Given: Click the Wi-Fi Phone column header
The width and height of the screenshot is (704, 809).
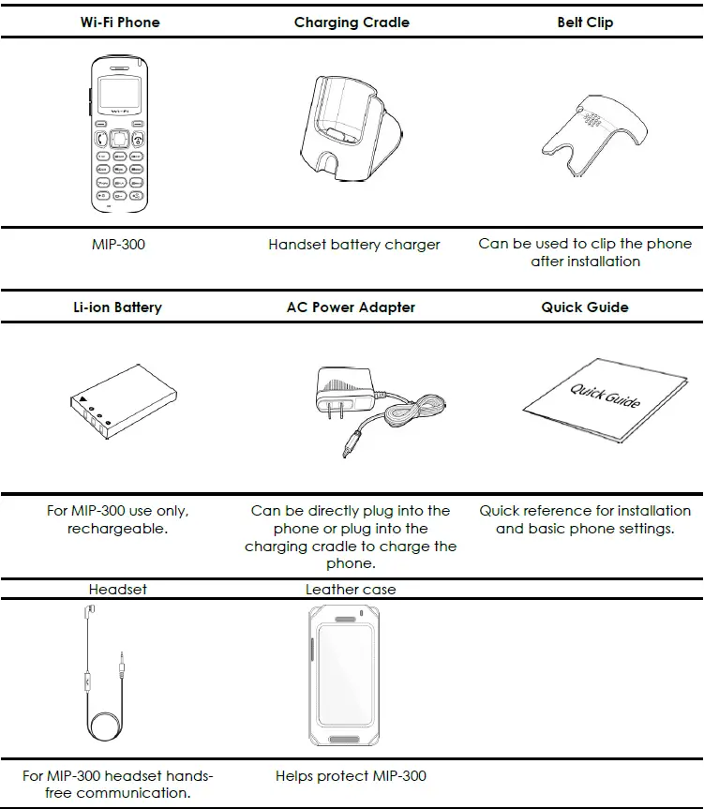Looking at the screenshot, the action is click(x=120, y=22).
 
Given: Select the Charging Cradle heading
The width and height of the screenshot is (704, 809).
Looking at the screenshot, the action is click(x=352, y=22).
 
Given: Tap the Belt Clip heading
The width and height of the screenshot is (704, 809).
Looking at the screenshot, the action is click(x=585, y=22).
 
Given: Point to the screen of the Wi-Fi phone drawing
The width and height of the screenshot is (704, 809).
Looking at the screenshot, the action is click(x=119, y=94).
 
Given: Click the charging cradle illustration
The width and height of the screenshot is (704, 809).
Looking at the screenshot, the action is click(x=351, y=129).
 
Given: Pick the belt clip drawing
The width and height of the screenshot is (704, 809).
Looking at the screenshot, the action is click(x=593, y=135).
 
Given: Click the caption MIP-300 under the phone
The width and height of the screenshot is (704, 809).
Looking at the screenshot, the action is click(x=119, y=244).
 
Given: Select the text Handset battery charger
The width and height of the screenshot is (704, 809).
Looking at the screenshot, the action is click(x=354, y=245).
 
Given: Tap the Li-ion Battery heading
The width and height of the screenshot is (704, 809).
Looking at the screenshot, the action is click(x=117, y=307).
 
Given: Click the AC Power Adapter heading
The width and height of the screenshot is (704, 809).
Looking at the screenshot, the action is click(x=351, y=307).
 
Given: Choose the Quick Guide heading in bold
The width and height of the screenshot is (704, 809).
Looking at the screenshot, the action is click(x=585, y=307).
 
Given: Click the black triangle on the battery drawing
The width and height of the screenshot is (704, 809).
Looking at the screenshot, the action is click(x=83, y=398).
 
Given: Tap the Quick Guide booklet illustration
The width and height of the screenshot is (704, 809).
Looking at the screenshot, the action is click(x=606, y=400).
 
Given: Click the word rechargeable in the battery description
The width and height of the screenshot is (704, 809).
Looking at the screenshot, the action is click(x=117, y=529).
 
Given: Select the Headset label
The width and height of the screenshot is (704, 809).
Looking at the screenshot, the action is click(x=117, y=590).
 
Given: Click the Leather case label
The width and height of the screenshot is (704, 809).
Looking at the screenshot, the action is click(x=351, y=590).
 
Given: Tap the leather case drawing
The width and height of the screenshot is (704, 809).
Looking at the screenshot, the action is click(x=345, y=676).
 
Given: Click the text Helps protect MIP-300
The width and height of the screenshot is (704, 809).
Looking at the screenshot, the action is click(x=351, y=776).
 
